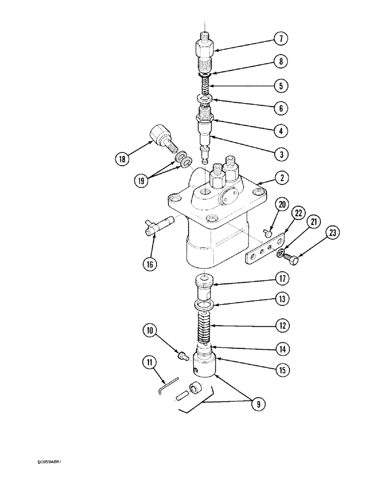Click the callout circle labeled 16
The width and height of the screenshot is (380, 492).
pyautogui.click(x=150, y=264)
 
